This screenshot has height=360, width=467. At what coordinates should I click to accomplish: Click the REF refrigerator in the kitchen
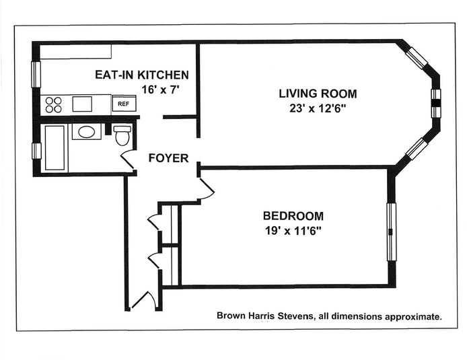(124, 104)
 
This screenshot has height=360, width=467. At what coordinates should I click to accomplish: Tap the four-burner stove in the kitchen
(54, 104)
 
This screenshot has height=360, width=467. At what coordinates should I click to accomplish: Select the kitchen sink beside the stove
(82, 104)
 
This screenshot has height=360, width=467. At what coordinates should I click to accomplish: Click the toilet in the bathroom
(122, 135)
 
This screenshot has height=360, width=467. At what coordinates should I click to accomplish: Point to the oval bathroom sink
(86, 132)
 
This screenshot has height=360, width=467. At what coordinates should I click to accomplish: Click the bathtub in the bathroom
(55, 147)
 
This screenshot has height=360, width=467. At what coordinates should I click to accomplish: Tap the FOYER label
(168, 158)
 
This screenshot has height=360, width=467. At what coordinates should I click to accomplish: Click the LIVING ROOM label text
(318, 94)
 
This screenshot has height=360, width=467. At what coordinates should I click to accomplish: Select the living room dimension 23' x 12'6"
(318, 109)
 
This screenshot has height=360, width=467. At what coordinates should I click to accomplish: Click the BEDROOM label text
(293, 215)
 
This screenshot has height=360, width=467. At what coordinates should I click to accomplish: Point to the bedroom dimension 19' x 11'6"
(293, 231)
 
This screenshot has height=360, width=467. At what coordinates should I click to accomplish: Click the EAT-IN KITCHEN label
(142, 75)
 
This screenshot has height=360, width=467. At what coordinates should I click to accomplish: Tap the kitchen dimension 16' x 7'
(161, 89)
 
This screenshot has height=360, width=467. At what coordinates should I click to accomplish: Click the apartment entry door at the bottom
(145, 299)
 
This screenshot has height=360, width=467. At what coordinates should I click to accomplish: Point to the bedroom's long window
(392, 232)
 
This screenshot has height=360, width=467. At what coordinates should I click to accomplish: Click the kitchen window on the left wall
(36, 75)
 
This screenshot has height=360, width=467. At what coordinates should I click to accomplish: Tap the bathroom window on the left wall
(36, 151)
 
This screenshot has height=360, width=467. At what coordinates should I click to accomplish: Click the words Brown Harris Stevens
(265, 316)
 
